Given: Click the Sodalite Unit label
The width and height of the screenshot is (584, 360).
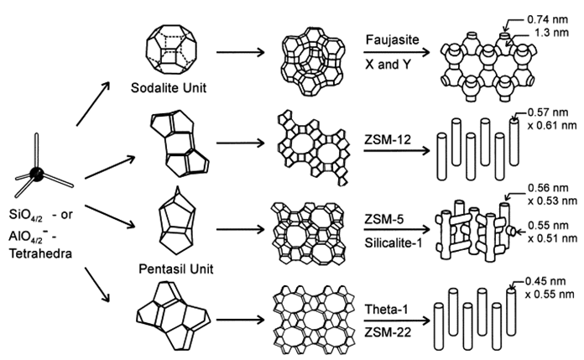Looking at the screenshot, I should (169, 88).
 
